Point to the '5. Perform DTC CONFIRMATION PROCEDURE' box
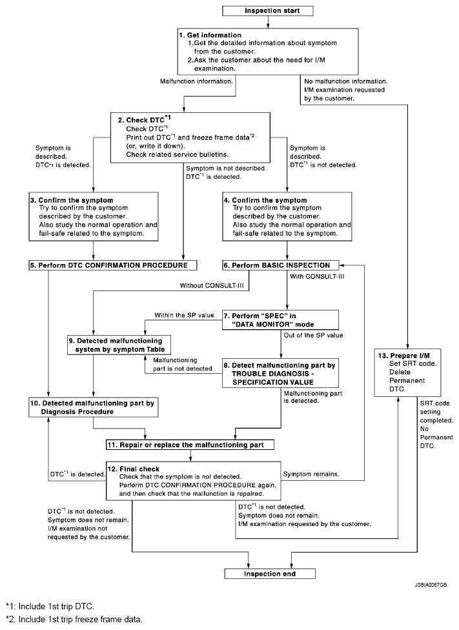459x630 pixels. pos(113,265)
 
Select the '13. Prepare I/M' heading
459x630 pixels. pos(404,356)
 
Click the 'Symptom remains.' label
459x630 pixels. pos(312,474)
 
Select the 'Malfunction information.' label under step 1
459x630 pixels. pos(196,82)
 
